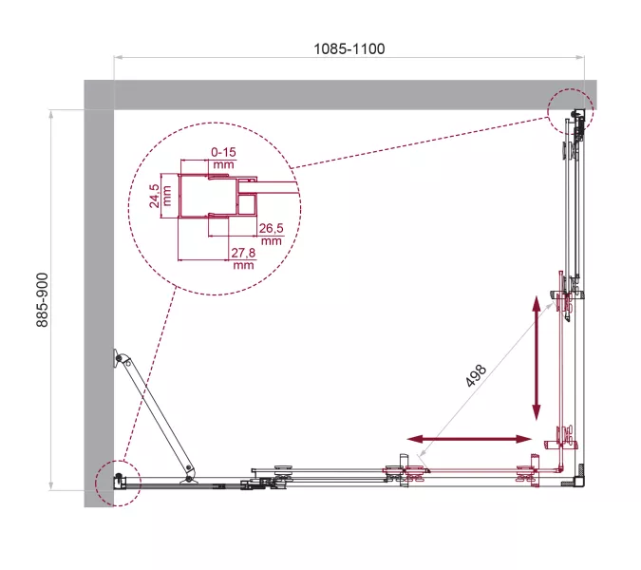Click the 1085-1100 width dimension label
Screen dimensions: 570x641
click(x=349, y=48)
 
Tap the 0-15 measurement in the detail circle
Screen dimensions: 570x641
click(x=223, y=152)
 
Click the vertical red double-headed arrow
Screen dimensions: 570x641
click(x=537, y=358)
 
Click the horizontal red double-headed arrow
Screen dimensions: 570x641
click(x=470, y=439)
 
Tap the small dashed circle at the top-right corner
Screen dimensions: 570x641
click(x=570, y=109)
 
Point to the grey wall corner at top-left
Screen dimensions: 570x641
click(x=99, y=95)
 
